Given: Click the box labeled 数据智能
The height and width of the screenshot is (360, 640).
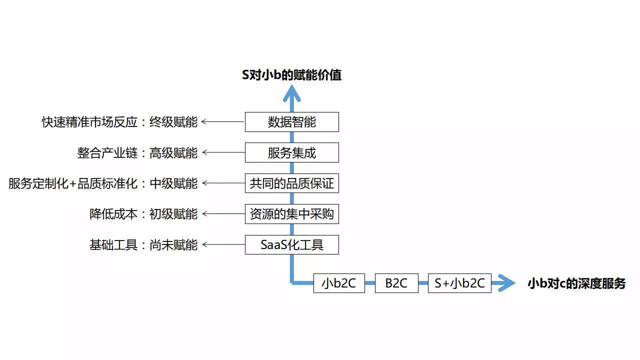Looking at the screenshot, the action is coord(291,122).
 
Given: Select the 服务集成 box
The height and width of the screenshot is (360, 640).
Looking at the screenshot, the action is coord(291,152).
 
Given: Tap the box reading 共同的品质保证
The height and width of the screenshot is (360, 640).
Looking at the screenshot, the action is coord(291,183).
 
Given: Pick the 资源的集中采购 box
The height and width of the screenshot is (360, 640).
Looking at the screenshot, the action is coord(291,213).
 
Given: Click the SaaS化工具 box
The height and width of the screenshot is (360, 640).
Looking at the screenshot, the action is coord(291,244).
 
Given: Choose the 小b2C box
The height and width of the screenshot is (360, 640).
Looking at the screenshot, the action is coord(339,283).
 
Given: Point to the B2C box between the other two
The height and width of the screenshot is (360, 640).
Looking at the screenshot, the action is coord(396,283).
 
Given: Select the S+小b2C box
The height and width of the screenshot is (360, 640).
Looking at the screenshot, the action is coord(459,283).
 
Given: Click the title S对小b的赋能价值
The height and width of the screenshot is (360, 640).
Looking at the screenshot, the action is coord(291,75).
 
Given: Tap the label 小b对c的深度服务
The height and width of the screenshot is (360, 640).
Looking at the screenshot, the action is coord(576,283).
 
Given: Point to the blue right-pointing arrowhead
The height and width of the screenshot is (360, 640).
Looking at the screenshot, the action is coord(506,283).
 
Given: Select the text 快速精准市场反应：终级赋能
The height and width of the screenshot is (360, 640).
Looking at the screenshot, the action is coord(119,122).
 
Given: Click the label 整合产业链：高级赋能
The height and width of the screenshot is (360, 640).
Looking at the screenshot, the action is coord(137,153).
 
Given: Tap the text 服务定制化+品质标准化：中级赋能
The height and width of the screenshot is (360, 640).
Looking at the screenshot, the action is coord(103,183).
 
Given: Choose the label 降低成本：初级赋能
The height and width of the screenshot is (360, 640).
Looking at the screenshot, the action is coord(143,214).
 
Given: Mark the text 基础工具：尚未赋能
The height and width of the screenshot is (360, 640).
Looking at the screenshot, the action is coord(143,245).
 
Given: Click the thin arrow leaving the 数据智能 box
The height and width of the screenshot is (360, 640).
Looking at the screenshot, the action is coord(223,121).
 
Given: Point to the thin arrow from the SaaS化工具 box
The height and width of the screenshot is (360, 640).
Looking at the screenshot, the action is coord(223,244).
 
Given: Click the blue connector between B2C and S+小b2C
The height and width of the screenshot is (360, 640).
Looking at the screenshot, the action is coord(423,283).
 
